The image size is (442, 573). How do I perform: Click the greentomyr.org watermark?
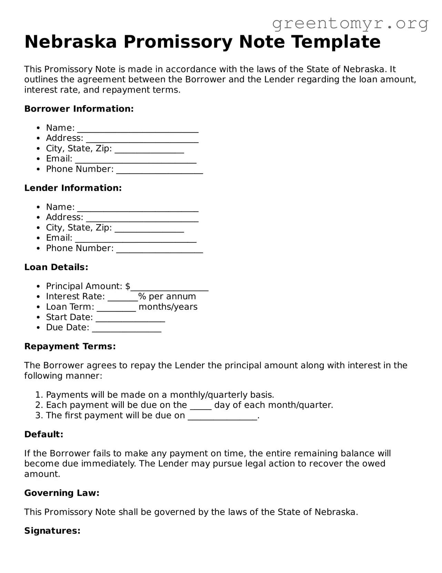(x=350, y=23)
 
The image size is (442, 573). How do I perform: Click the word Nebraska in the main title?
(x=71, y=42)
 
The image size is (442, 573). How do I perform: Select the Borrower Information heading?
(x=79, y=109)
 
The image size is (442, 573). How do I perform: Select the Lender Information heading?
(x=73, y=188)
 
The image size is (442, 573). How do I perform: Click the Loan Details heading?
(x=56, y=267)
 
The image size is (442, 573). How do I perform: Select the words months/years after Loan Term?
(x=168, y=307)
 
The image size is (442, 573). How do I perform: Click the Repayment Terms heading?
(x=70, y=346)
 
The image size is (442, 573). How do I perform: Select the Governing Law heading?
(x=62, y=493)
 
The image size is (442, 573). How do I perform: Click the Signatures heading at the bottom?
(x=52, y=531)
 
